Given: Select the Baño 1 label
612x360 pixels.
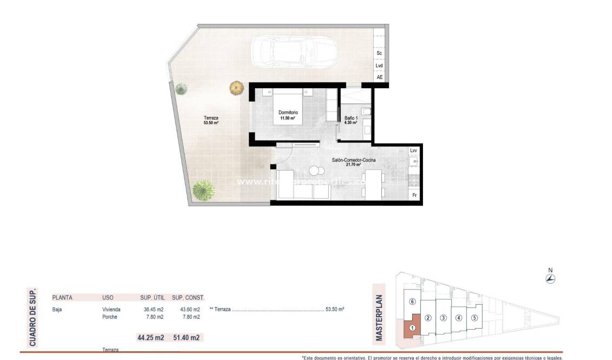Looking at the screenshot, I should tap(351, 120).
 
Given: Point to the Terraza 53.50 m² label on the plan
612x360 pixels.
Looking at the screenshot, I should tap(211, 120).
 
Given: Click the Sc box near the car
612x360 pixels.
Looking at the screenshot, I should tap(379, 53).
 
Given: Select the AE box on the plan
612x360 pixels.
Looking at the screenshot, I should tap(379, 77).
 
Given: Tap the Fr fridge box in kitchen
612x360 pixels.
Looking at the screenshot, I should tap(414, 195).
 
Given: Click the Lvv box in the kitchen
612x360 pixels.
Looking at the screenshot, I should tap(414, 150).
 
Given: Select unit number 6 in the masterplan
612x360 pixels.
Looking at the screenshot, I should tap(412, 302).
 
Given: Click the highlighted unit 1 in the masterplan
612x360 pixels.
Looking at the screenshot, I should tap(412, 327).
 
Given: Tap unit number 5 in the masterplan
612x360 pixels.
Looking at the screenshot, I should tap(473, 318).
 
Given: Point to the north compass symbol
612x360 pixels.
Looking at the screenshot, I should tap(550, 279).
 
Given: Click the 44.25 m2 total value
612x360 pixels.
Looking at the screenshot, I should tap(151, 338).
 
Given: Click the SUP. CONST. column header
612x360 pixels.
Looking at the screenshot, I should tap(188, 297).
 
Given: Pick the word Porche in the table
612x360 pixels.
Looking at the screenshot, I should tap(110, 317).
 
